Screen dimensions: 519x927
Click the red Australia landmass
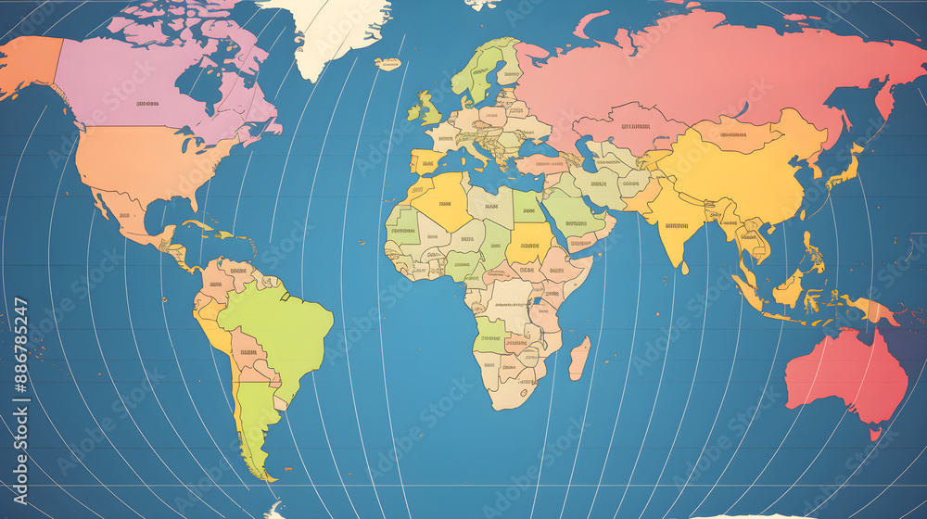(x=844, y=375)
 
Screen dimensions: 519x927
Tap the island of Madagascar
(x=579, y=358)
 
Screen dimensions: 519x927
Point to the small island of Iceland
(x=388, y=63)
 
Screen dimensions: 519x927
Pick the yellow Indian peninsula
(x=677, y=227)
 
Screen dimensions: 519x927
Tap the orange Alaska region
(x=28, y=65)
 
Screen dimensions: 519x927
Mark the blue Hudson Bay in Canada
(x=199, y=88)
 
